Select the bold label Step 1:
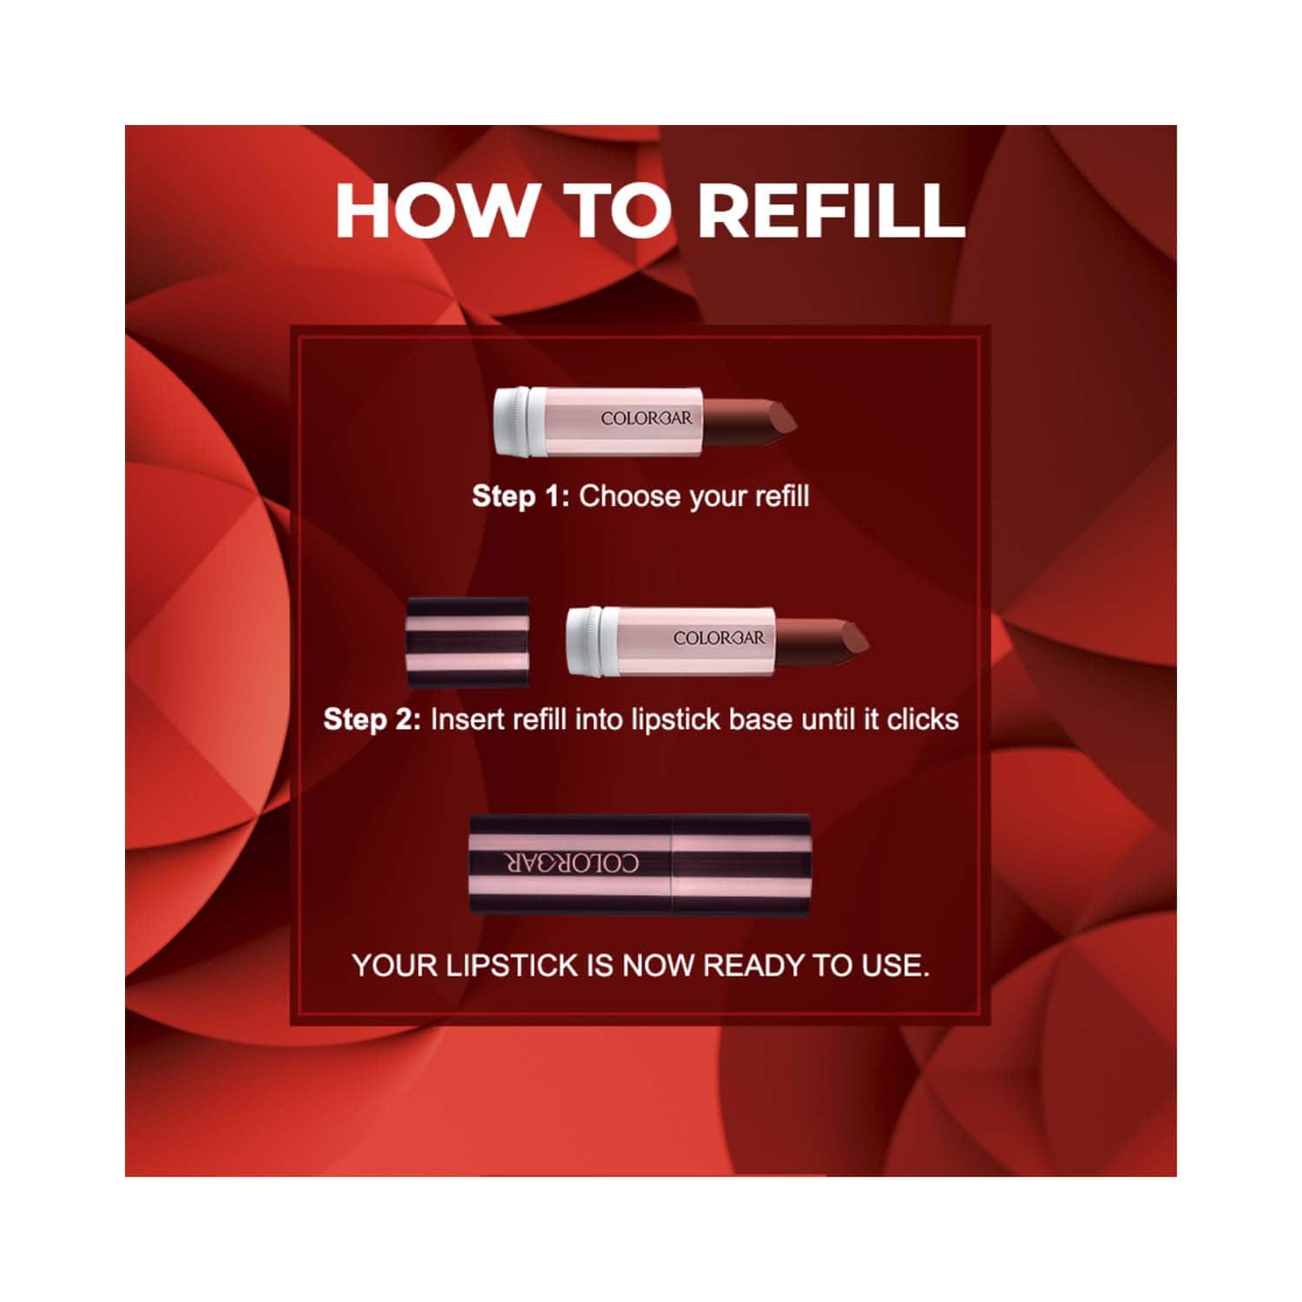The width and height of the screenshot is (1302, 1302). pyautogui.click(x=520, y=496)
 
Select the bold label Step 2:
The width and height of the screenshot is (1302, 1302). pyautogui.click(x=372, y=720)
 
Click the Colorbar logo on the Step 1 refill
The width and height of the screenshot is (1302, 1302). pyautogui.click(x=647, y=418)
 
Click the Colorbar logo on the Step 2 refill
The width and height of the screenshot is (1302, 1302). pyautogui.click(x=720, y=638)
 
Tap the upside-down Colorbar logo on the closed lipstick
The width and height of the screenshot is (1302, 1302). pyautogui.click(x=572, y=863)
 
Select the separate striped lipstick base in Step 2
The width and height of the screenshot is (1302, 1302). pyautogui.click(x=469, y=642)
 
